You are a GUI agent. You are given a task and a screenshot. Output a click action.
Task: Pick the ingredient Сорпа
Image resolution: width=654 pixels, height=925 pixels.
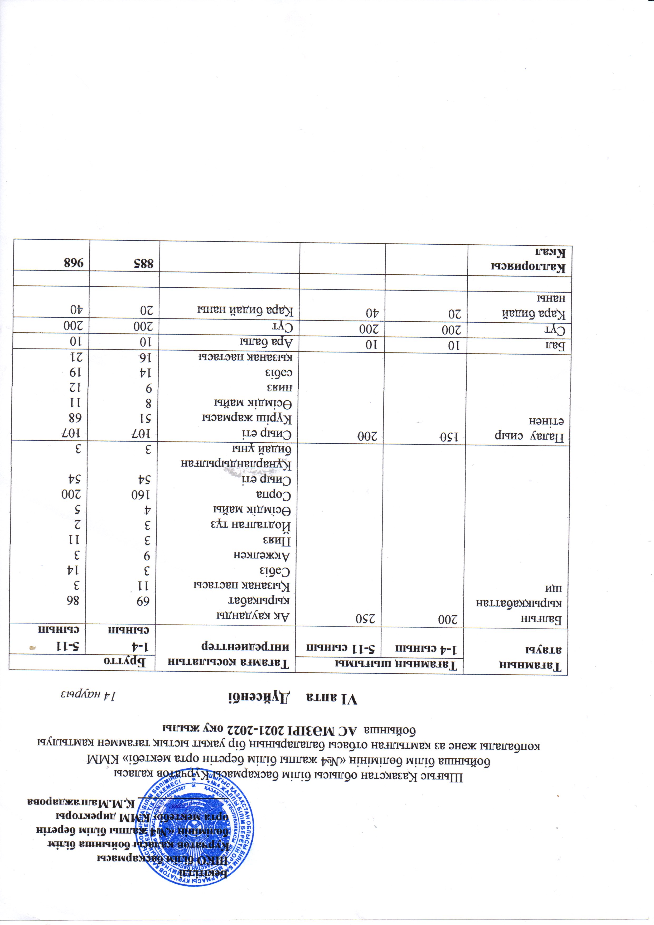tap(274, 494)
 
